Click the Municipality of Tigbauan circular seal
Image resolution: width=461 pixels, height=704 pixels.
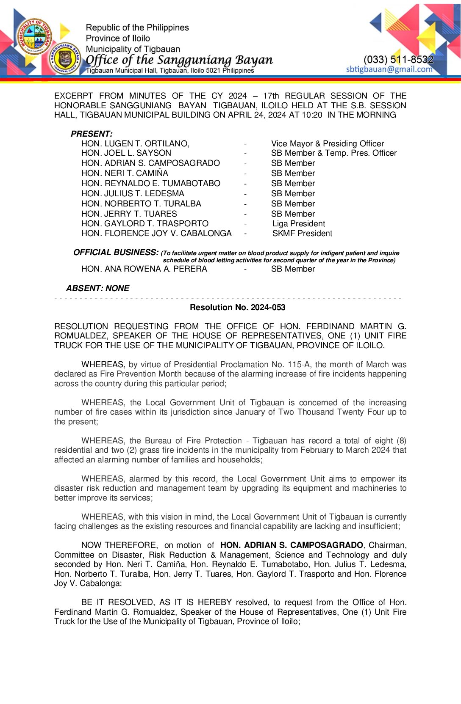[35, 37]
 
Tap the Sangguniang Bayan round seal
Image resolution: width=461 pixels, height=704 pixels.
[65, 59]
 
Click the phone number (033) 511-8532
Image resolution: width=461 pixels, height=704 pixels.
[398, 60]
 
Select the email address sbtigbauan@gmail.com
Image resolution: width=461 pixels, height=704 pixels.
[389, 69]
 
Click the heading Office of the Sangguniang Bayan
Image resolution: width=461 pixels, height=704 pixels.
[179, 60]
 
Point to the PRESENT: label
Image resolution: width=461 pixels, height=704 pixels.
[92, 134]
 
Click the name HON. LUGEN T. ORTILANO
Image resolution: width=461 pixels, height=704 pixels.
[135, 144]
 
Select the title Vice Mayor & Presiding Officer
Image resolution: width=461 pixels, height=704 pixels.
[328, 144]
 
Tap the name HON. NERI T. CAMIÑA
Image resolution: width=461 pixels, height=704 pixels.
[125, 173]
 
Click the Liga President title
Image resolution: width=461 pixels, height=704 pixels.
[299, 224]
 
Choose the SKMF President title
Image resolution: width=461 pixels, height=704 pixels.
[302, 234]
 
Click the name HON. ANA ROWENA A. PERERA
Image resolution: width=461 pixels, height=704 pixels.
[144, 269]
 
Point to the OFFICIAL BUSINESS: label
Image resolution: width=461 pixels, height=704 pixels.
[116, 253]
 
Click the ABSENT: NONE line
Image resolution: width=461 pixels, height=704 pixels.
[97, 288]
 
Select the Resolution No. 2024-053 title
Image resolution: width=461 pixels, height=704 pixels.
[237, 308]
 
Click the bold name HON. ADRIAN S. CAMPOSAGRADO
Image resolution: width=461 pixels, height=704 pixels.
[292, 545]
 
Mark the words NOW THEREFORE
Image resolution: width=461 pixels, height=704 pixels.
[119, 545]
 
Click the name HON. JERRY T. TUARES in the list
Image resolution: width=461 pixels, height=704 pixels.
[129, 214]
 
